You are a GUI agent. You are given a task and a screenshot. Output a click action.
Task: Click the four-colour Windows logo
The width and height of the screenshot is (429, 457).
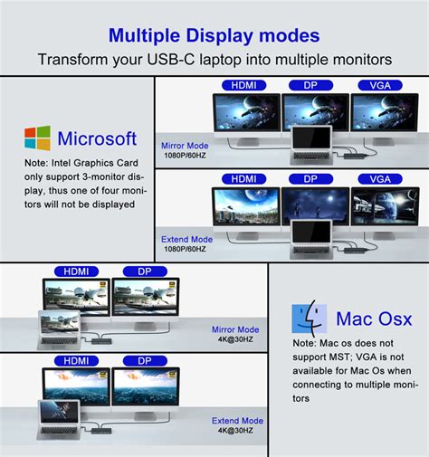pos(37,138)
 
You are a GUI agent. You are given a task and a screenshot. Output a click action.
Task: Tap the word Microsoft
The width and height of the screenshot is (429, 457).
pos(97,138)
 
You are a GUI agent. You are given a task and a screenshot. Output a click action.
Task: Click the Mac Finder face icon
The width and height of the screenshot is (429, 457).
pos(309,319)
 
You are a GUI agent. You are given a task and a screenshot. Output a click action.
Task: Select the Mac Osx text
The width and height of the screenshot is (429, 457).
pos(374,319)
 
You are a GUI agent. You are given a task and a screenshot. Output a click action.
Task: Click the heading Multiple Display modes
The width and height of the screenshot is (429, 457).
pos(214,36)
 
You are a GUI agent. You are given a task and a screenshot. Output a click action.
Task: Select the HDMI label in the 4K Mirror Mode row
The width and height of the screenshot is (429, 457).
pos(76,271)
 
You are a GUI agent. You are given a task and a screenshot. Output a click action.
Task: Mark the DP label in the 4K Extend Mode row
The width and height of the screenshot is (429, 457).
pos(146,360)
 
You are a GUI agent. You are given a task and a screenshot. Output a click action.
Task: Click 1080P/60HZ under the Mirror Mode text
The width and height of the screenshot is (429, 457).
pos(185,155)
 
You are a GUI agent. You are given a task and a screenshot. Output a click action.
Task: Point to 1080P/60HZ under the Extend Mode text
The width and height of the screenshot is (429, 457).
pos(186,249)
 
